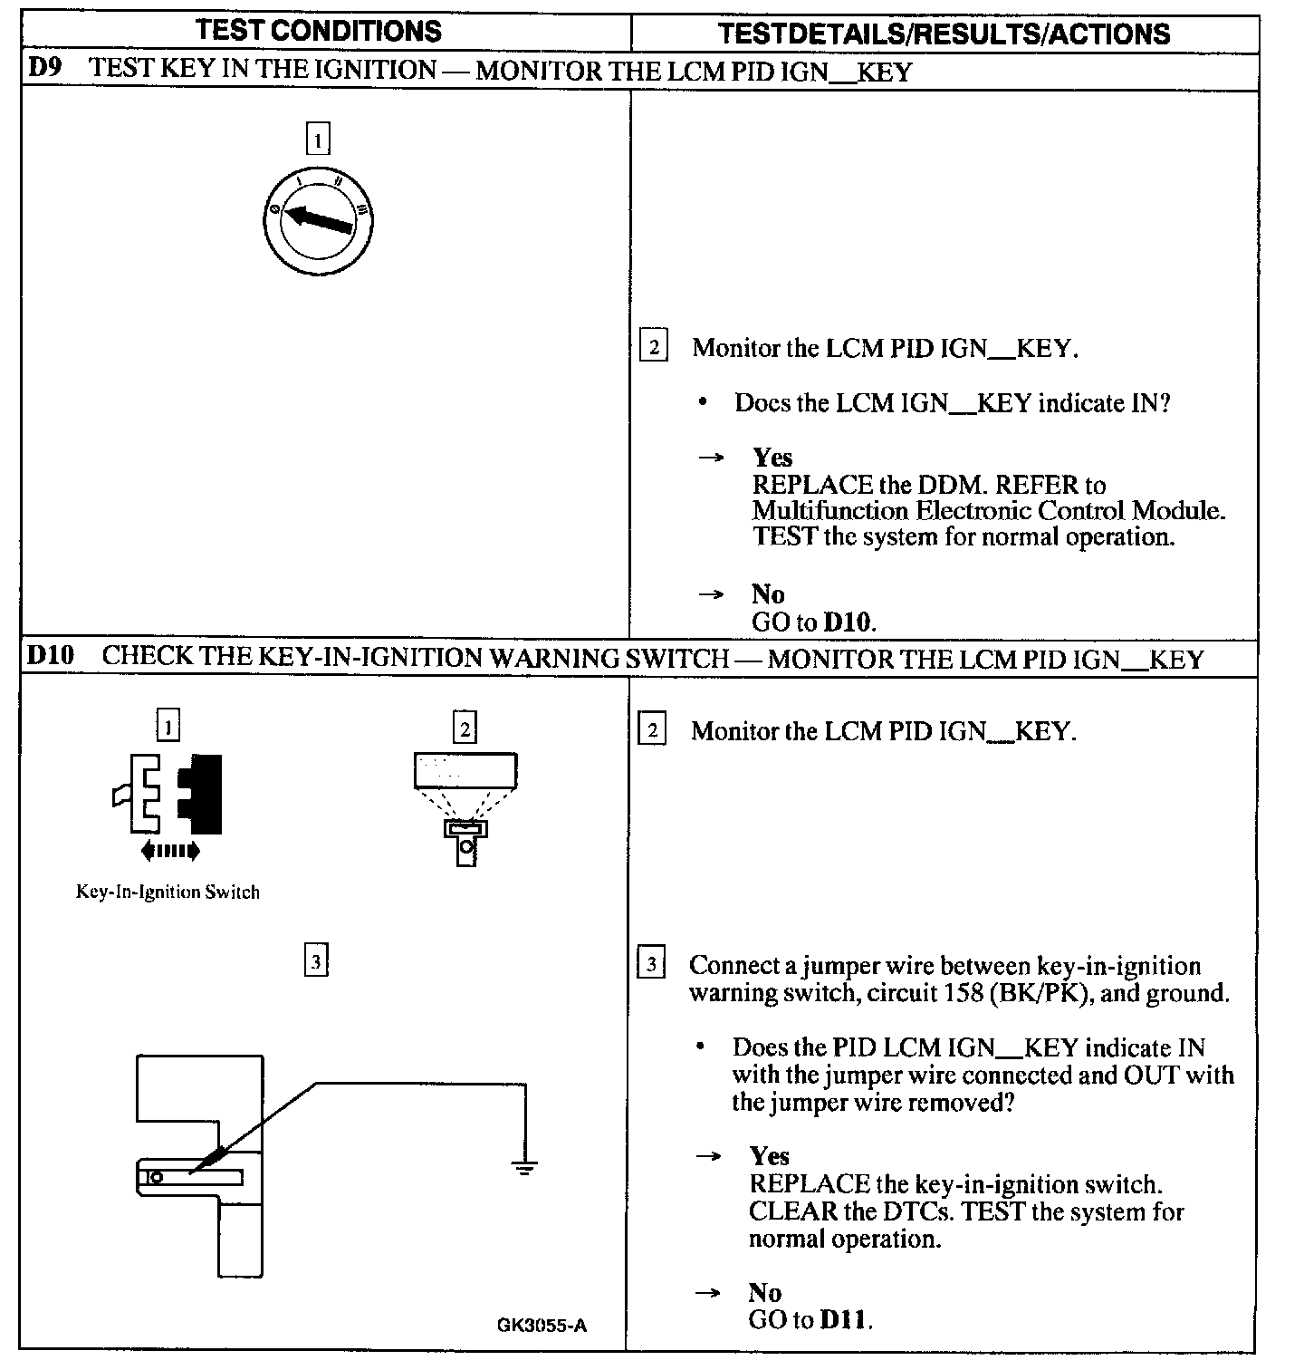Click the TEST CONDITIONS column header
(319, 31)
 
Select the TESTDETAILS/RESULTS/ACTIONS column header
(944, 34)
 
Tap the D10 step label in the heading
(50, 655)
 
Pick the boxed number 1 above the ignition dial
(318, 140)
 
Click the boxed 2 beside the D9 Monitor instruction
(653, 346)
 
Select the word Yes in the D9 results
(772, 458)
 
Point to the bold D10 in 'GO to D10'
(849, 622)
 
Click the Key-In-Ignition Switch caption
(168, 892)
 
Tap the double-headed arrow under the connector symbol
(170, 850)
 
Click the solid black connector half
(201, 794)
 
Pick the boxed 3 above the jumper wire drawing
(316, 961)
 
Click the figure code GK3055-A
(542, 1326)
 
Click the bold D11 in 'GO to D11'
(844, 1320)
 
